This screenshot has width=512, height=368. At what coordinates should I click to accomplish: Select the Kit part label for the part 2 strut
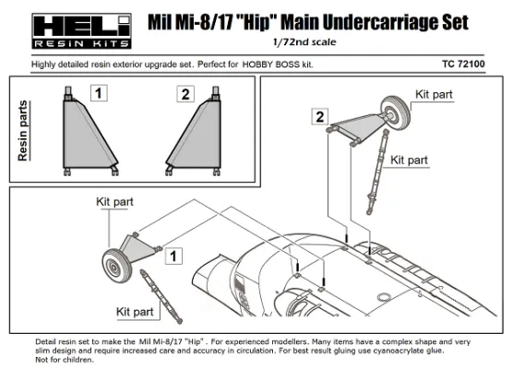(x=409, y=160)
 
